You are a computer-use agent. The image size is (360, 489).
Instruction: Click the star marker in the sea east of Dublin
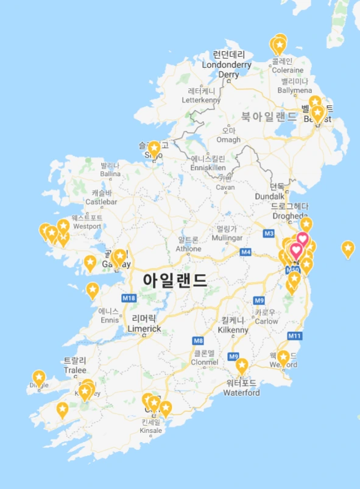tap(347, 248)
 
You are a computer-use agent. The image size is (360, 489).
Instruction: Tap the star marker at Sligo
tap(154, 148)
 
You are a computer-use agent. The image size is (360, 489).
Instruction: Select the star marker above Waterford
tap(242, 366)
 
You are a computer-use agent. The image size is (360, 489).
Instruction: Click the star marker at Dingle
tap(39, 378)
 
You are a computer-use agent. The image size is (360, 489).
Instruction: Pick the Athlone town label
tap(189, 244)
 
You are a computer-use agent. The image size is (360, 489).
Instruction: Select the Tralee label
tap(74, 365)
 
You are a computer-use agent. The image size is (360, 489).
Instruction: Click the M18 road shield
tap(129, 298)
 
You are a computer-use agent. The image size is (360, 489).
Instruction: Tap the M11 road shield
tap(295, 336)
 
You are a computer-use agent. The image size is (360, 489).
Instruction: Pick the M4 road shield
tap(245, 252)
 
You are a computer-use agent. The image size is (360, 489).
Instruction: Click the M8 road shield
tap(198, 340)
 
